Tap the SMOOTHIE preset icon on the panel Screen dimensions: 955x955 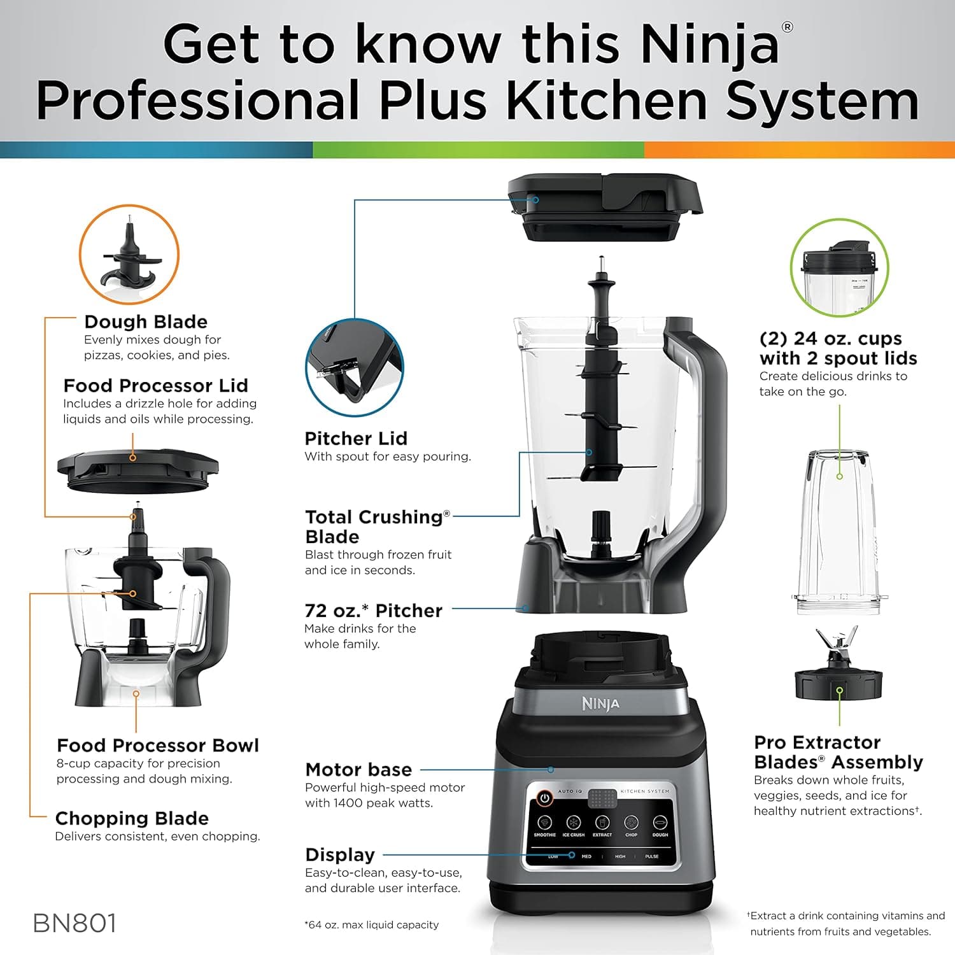coord(544,822)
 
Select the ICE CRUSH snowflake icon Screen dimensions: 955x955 coord(574,822)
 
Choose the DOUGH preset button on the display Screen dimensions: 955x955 coord(660,822)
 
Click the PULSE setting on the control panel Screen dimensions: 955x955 coord(652,856)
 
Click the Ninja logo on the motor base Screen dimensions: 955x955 coord(600,704)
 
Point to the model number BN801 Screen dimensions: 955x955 coord(74,923)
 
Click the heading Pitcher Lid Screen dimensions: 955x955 coord(356,438)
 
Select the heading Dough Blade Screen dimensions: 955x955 coord(146,322)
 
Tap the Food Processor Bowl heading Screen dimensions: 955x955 coord(158,745)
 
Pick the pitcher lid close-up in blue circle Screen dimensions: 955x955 coord(354,368)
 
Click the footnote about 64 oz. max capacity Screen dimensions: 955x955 coord(372,924)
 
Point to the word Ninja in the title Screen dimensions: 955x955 coord(709,45)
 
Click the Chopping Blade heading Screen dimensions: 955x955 coord(132,818)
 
